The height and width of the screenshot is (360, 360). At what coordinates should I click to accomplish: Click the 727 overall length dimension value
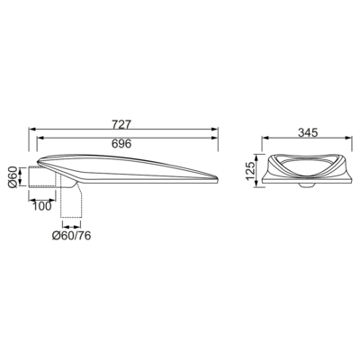tap(121, 124)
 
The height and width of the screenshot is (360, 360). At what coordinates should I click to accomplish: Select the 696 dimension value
tap(121, 144)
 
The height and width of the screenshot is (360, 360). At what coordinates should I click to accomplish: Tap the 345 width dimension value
tap(308, 132)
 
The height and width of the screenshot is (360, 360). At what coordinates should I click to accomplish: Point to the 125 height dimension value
tap(251, 170)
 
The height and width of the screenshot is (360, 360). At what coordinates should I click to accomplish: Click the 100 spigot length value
tap(42, 206)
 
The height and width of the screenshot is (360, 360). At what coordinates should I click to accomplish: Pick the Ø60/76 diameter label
tap(71, 236)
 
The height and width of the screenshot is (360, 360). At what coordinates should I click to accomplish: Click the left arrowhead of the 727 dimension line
tap(32, 129)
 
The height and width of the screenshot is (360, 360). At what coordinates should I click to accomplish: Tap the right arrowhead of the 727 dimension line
tap(214, 129)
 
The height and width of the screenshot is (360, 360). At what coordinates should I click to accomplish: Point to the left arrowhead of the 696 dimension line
tap(40, 138)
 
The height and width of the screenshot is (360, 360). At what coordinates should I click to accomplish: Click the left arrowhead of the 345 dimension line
tap(265, 138)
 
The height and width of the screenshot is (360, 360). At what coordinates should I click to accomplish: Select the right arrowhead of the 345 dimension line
tap(348, 138)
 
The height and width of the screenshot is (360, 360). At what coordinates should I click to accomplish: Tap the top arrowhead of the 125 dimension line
tap(256, 157)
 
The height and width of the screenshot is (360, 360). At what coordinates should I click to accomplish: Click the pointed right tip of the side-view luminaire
tap(218, 178)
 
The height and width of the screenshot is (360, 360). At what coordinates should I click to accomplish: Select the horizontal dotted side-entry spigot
tap(42, 177)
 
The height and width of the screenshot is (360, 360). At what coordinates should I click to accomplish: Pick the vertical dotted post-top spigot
tap(71, 199)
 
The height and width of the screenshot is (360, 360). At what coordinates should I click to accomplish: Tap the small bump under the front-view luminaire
tap(307, 184)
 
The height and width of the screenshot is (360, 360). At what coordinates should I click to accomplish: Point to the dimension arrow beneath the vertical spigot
tap(71, 226)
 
